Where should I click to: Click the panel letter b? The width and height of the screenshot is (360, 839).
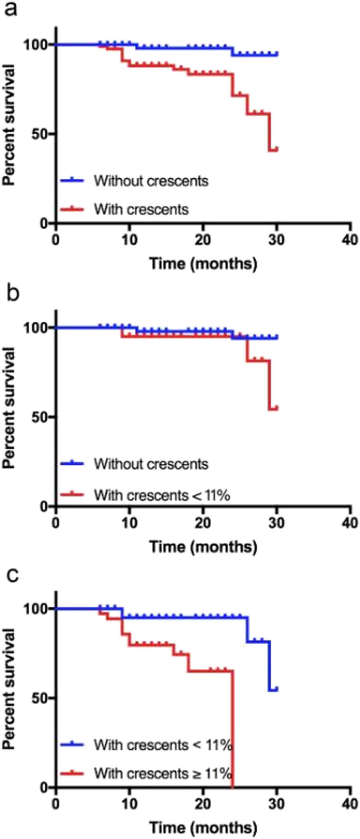point(11,292)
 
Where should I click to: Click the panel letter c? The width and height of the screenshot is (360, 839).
point(11,575)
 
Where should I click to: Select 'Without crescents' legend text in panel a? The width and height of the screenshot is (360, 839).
point(151,181)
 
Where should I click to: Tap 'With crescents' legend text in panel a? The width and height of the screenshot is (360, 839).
point(141,209)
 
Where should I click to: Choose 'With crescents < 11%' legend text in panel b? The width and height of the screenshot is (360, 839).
point(162,494)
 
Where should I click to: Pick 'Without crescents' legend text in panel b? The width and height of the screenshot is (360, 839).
point(151,464)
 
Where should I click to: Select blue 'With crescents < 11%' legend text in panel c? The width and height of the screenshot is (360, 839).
point(163,745)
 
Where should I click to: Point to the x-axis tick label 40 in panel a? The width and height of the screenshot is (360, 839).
point(350,240)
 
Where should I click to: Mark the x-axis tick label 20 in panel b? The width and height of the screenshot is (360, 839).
point(203,522)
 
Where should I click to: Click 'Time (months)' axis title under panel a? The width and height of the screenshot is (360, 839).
point(203,264)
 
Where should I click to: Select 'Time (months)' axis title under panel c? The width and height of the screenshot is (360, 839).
point(203,827)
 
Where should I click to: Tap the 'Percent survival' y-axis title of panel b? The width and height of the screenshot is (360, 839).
point(9,407)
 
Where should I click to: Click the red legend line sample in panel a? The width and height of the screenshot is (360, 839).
point(72,209)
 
